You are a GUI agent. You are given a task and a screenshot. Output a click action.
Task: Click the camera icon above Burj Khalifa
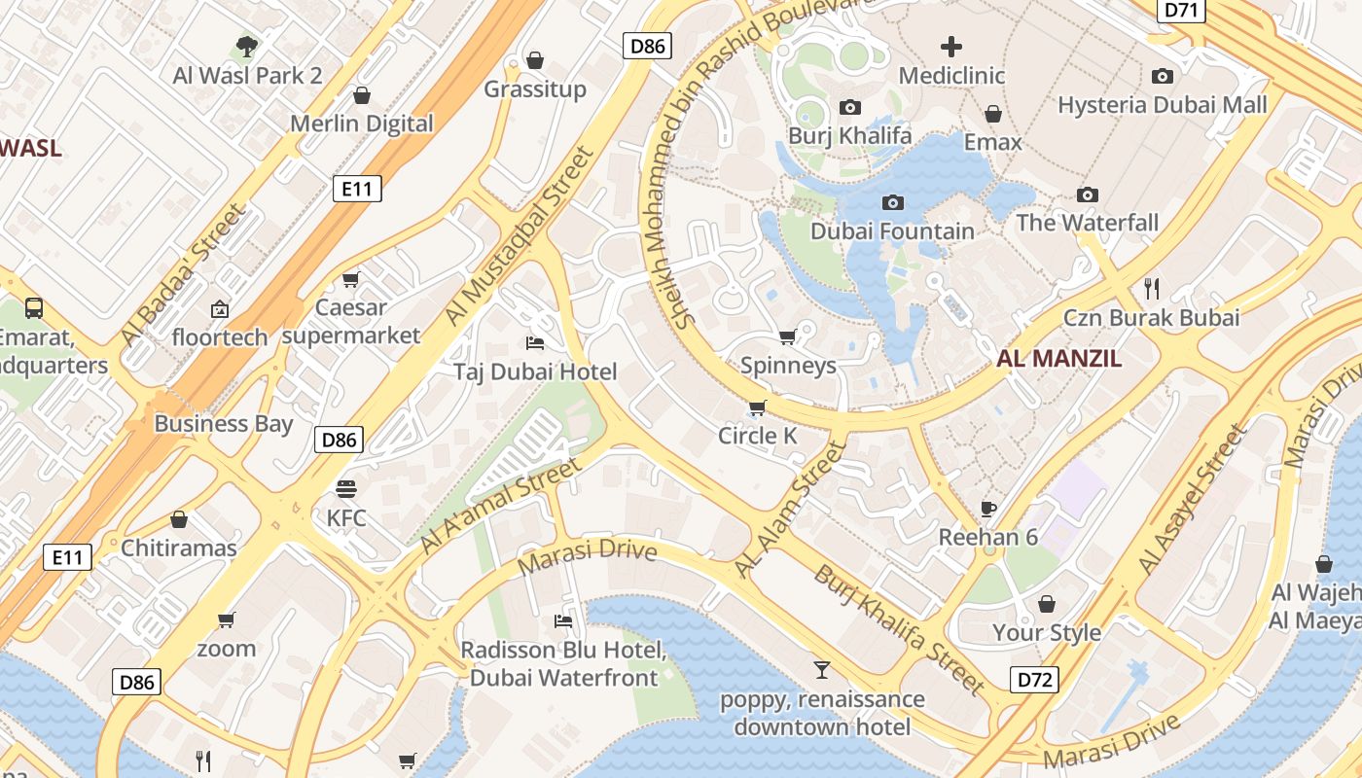[850, 107]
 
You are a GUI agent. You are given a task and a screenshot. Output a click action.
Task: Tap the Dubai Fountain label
[892, 231]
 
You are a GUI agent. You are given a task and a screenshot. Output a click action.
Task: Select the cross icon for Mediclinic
[951, 46]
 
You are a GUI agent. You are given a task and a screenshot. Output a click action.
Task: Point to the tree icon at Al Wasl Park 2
[247, 45]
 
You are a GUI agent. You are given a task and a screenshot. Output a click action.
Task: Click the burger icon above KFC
[346, 488]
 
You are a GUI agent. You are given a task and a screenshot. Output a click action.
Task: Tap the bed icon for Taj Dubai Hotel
[534, 342]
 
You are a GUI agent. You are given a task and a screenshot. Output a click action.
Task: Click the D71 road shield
[1182, 10]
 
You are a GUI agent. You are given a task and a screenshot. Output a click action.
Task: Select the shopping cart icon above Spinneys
[787, 336]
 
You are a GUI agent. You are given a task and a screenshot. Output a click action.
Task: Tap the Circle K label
[757, 436]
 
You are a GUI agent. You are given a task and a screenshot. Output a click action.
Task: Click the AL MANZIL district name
[1058, 358]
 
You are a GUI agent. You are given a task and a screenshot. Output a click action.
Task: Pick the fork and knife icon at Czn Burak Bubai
[1152, 288]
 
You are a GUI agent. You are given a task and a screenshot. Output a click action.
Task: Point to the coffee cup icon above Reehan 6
[988, 509]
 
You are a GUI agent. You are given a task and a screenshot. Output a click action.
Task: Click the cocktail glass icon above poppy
[822, 669]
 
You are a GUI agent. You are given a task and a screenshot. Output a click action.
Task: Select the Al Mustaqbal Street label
[519, 236]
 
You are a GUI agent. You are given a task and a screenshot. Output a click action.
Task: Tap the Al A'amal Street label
[500, 507]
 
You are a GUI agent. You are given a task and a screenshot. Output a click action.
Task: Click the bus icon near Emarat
[34, 308]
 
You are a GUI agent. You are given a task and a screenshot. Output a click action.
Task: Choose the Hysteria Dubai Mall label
[1163, 104]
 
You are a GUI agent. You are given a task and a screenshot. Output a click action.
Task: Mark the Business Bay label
[223, 424]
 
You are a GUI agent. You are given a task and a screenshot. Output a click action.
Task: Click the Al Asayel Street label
[1192, 499]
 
